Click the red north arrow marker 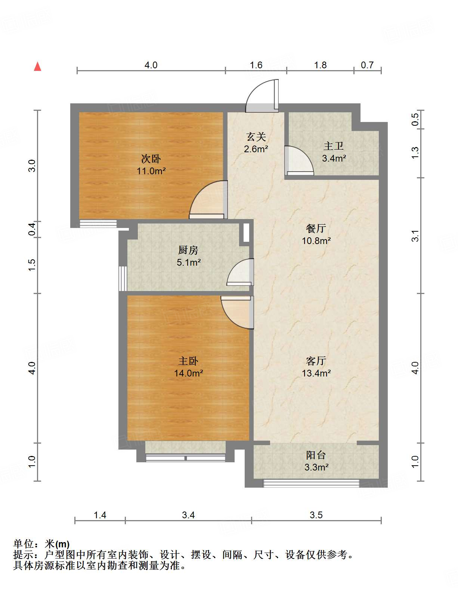coord(37,66)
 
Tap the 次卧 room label coord(151,159)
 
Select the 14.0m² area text coord(188,373)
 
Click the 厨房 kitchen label coord(188,250)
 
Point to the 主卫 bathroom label coord(334,146)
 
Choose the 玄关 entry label coord(256,137)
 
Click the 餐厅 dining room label coord(316,228)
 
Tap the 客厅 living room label coord(316,361)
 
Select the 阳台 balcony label coord(316,455)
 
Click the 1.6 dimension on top coord(256,65)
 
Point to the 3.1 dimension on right coord(415,236)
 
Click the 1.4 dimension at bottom coord(100,515)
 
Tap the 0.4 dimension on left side coord(32,228)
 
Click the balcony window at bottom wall coord(311,484)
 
